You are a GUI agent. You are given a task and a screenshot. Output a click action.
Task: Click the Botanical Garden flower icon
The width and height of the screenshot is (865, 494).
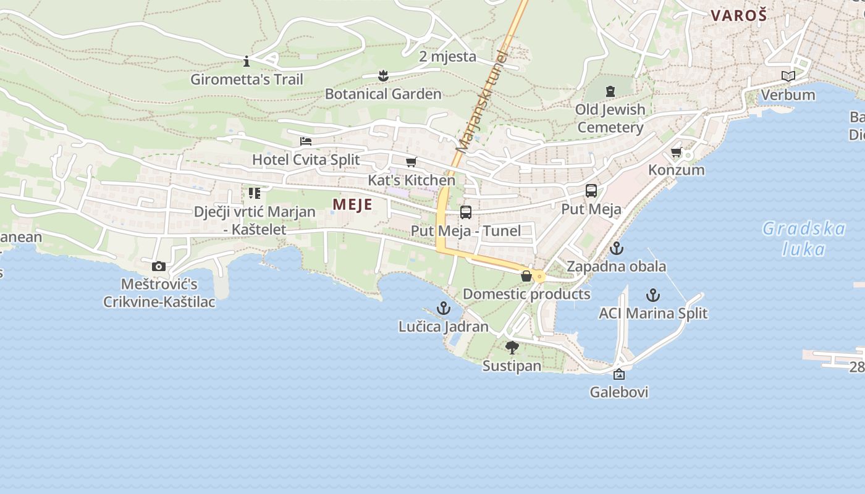pos(383,76)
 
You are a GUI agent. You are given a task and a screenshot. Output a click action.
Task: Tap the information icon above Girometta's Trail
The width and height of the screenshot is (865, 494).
pos(247,61)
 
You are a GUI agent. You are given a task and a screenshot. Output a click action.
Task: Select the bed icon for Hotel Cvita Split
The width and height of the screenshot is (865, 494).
pos(306,141)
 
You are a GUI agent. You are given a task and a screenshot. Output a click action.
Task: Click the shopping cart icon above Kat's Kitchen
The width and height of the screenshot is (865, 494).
pos(411,162)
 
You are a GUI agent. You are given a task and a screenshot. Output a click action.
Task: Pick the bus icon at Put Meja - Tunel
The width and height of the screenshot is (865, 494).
pos(466,212)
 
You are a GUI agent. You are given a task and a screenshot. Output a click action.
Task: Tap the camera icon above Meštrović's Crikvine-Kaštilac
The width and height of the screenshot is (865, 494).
pos(159,266)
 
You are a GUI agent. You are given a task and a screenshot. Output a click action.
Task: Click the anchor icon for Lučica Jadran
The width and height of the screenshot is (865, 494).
pos(444,308)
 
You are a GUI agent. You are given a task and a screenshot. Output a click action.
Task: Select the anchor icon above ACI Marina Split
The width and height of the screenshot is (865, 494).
pos(653,295)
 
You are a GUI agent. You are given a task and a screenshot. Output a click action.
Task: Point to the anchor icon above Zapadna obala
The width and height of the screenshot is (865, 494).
pos(616,248)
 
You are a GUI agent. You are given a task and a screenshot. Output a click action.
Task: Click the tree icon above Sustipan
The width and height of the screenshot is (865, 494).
pos(512,348)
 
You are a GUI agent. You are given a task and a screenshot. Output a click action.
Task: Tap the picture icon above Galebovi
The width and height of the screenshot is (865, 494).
pos(619,374)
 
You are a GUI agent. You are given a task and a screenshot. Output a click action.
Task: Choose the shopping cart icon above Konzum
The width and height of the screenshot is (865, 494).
pos(677,152)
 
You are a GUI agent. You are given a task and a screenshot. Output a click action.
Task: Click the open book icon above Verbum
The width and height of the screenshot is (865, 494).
pos(788,77)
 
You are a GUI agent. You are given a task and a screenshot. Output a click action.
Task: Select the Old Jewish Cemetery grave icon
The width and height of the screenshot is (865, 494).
pos(610,91)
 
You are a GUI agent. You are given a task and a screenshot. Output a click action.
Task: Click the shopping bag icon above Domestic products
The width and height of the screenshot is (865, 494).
pos(526,276)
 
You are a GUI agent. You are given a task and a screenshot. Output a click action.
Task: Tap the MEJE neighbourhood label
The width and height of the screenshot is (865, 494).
pos(352,204)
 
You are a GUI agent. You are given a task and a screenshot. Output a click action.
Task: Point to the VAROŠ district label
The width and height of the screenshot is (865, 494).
pos(739,15)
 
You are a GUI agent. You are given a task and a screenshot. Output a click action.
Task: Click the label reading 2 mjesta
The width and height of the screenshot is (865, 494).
pos(447,57)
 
